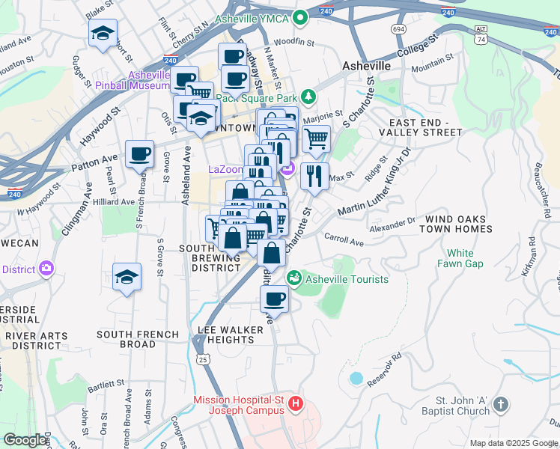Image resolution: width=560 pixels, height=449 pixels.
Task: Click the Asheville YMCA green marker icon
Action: tap(300, 17)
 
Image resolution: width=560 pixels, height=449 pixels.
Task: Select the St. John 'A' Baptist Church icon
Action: tap(501, 405)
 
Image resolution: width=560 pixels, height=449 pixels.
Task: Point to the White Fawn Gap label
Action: tap(465, 258)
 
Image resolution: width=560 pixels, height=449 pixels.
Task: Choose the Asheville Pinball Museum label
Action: tap(149, 80)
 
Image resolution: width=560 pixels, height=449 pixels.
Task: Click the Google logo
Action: tap(25, 440)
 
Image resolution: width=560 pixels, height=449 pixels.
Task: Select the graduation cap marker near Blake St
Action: tap(103, 34)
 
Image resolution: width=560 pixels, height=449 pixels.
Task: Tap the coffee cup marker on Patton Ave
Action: tap(140, 154)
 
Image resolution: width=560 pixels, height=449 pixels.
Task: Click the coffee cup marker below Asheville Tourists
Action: tap(273, 300)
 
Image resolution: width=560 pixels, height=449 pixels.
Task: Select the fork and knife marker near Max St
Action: tap(314, 177)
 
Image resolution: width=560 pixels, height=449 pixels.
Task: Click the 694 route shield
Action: tap(398, 28)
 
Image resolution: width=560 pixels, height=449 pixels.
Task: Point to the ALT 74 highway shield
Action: tap(480, 32)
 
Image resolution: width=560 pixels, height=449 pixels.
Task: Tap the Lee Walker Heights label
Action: tap(231, 335)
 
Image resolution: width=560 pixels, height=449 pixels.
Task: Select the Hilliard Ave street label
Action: tap(118, 201)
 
